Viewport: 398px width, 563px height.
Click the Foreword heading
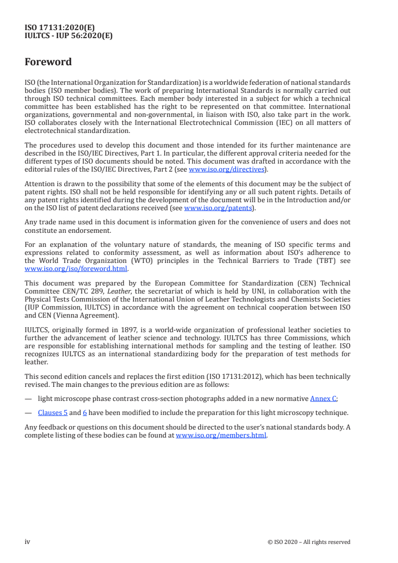(48, 62)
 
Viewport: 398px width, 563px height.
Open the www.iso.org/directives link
(226, 170)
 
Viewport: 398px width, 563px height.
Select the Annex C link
(323, 398)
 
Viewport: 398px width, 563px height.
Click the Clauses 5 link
(53, 412)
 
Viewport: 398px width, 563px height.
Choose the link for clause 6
(85, 412)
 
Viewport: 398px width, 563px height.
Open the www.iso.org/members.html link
(221, 436)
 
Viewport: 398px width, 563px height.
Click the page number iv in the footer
(28, 542)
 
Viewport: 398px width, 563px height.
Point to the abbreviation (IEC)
(289, 123)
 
